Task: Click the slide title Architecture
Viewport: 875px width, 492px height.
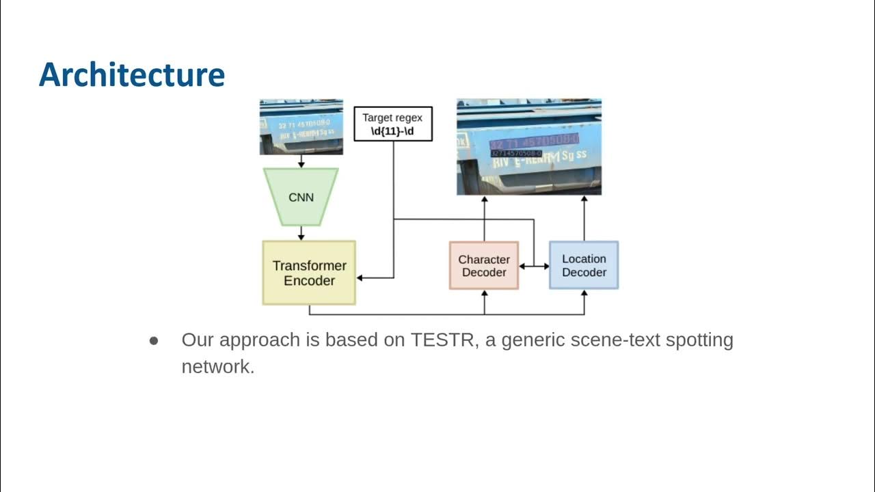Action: [132, 74]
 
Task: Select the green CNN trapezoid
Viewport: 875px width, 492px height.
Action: [301, 197]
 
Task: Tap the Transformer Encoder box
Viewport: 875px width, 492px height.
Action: [309, 273]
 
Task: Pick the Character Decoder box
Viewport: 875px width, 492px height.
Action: [484, 266]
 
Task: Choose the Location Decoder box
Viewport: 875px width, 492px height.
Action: [584, 265]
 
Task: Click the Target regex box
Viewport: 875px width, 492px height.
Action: [392, 124]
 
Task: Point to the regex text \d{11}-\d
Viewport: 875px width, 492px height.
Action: [392, 130]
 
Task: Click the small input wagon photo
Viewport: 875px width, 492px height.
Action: [301, 126]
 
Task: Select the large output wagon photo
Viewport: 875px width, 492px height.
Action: [529, 147]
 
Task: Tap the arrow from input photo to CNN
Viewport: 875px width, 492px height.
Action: [301, 162]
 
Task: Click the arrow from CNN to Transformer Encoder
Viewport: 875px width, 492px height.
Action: [301, 234]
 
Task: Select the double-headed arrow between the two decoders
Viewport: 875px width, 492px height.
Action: [534, 266]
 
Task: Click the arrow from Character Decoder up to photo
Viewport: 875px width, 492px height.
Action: [484, 219]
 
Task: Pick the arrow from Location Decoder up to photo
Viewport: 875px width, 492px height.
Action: [584, 219]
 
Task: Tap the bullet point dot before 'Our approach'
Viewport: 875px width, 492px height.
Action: [154, 340]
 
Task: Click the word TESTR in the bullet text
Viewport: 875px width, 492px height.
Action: [443, 340]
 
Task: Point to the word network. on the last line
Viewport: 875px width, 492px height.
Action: [217, 367]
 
